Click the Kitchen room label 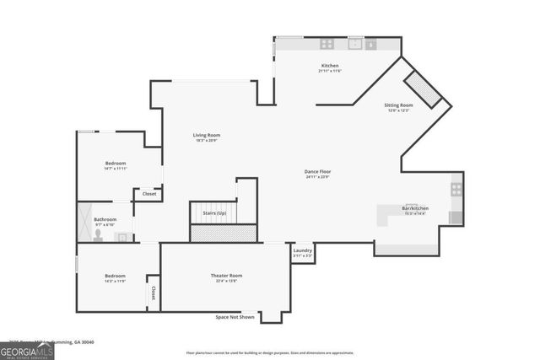click(x=329, y=66)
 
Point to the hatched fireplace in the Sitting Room click(x=422, y=90)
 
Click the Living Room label click(x=207, y=135)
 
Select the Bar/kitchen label click(x=414, y=208)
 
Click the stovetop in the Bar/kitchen click(x=456, y=190)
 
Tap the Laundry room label click(x=302, y=250)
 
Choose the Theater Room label click(x=226, y=276)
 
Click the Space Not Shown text click(x=234, y=316)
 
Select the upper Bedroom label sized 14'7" click(x=116, y=163)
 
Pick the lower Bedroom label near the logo click(x=115, y=276)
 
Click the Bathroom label click(x=105, y=219)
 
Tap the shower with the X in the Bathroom click(x=84, y=222)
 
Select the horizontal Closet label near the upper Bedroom click(x=149, y=194)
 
